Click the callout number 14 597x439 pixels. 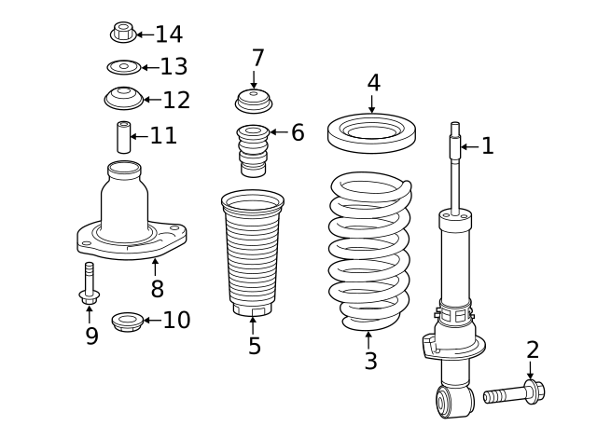click(x=169, y=34)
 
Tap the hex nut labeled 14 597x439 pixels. click(x=122, y=34)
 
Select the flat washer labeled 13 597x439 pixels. click(x=123, y=67)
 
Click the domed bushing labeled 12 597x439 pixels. click(x=123, y=97)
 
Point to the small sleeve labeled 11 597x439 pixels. click(x=122, y=137)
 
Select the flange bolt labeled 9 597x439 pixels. click(x=90, y=284)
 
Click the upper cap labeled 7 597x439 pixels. click(x=253, y=100)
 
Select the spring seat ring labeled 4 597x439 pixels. click(x=371, y=131)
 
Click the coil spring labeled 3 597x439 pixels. click(x=370, y=252)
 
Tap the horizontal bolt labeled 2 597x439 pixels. click(x=513, y=392)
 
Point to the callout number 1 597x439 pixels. click(x=487, y=145)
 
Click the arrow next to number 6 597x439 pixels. click(x=278, y=132)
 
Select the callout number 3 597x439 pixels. click(x=370, y=361)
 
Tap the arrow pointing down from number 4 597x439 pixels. click(x=372, y=105)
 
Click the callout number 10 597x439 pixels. click(x=176, y=321)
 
